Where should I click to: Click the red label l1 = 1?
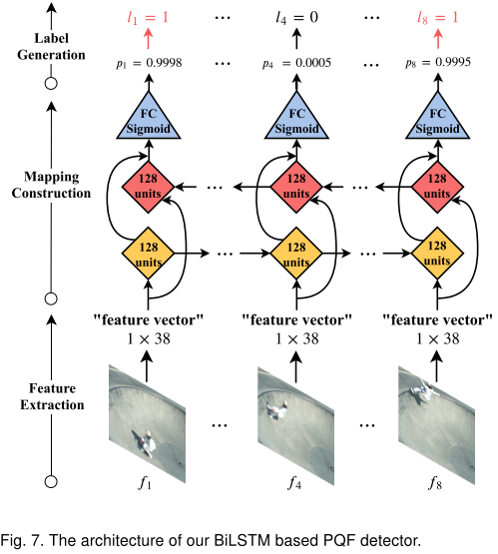(x=148, y=17)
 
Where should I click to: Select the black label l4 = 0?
(x=296, y=17)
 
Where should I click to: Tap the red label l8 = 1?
(x=437, y=17)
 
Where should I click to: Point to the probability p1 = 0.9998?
(x=149, y=63)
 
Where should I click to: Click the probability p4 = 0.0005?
(x=296, y=63)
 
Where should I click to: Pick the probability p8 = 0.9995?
(x=438, y=63)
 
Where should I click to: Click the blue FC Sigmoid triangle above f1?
(x=149, y=116)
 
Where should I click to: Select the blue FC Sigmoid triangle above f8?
(x=437, y=116)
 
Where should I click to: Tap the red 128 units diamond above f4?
(x=296, y=187)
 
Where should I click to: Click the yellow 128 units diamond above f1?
(x=148, y=254)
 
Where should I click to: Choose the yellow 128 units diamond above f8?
(x=437, y=254)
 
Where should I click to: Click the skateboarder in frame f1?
(x=145, y=443)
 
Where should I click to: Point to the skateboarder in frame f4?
(x=277, y=410)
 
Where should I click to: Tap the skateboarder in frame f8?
(x=425, y=391)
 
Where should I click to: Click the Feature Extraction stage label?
(x=52, y=396)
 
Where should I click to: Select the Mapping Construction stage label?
(x=51, y=185)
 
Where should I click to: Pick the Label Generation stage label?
(x=51, y=46)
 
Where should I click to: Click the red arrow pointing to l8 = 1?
(x=438, y=39)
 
